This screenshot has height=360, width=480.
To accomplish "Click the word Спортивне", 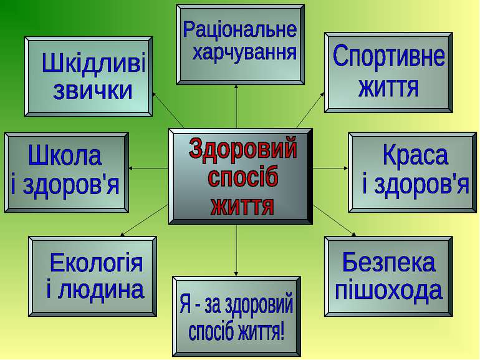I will point(388,58).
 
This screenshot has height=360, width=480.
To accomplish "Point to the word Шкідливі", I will point(93,64).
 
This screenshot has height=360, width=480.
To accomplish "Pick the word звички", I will point(93,91).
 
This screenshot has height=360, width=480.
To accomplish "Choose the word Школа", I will point(65,156).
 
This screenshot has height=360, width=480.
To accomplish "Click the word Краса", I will point(415,156).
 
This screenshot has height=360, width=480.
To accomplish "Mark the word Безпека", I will point(388,263).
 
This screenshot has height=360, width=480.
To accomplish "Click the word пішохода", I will point(388,290).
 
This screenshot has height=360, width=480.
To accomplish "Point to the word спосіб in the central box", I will point(243,178).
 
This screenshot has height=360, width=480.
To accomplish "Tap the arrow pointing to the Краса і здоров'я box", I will point(330,168).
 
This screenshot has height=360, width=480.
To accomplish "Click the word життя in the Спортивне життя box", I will point(388,87).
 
